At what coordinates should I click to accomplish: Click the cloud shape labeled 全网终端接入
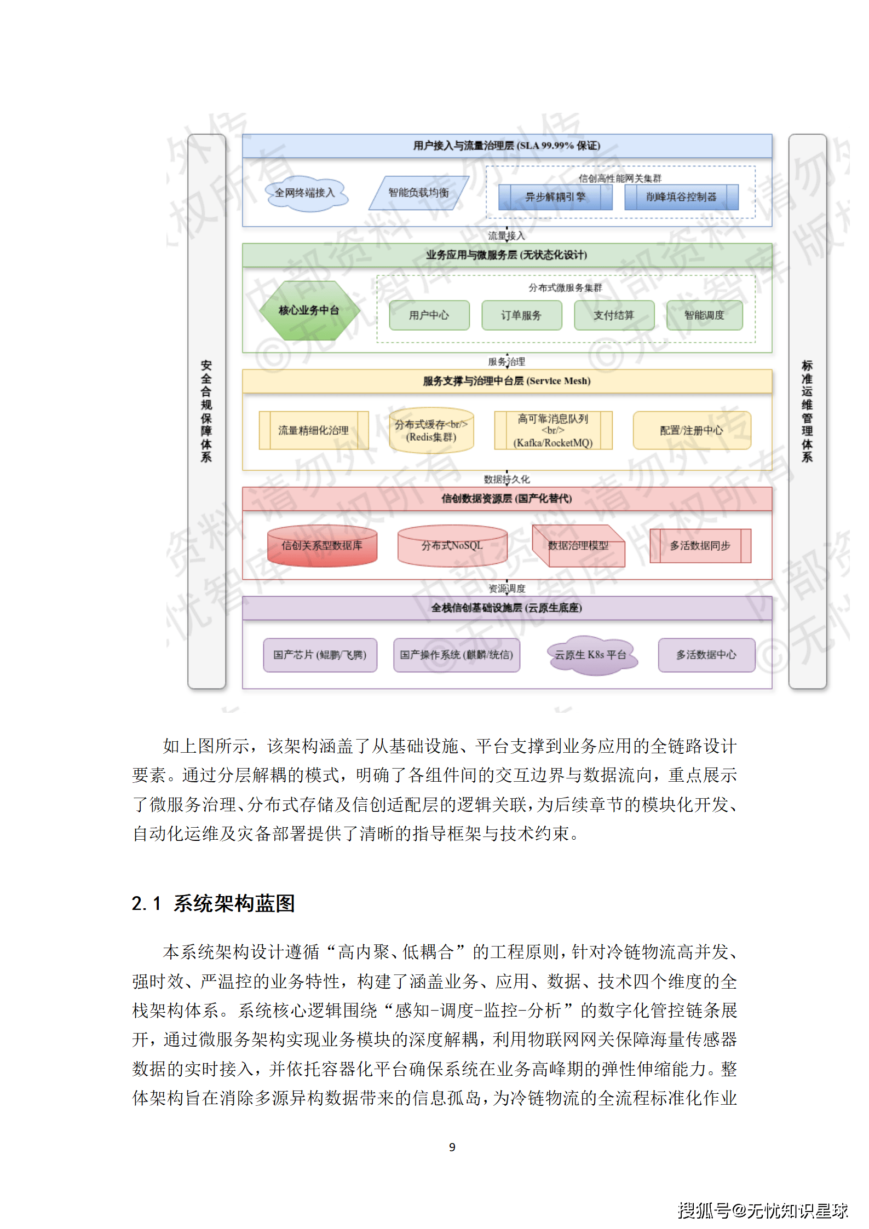306,193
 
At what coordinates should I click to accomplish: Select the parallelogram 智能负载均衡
418,193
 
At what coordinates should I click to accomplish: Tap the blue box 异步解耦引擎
555,197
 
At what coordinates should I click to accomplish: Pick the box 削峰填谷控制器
681,197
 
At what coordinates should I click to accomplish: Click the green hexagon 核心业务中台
309,310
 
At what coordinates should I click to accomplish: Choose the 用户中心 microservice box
429,315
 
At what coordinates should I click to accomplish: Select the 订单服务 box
521,315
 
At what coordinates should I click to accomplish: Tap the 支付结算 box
614,315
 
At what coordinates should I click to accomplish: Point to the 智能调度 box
704,315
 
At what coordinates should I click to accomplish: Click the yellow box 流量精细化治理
313,430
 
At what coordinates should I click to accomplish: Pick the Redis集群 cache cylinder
431,431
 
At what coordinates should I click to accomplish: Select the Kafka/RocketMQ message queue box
553,431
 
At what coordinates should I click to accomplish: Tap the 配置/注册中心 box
692,430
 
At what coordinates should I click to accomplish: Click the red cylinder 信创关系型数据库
322,546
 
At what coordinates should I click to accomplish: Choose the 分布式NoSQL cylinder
452,546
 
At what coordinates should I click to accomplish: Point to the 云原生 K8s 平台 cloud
591,655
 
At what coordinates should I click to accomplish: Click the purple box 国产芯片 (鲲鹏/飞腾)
320,655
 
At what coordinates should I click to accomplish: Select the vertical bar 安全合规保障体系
206,411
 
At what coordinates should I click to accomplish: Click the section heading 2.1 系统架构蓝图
214,903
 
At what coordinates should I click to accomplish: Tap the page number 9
452,1147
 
